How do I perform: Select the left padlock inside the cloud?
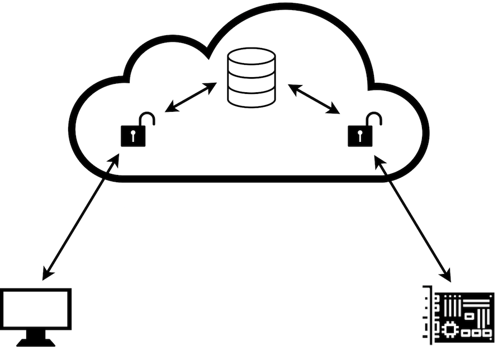tap(134, 135)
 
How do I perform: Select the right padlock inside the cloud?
tap(361, 135)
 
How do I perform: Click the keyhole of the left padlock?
tap(133, 136)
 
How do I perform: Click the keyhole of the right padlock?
tap(360, 136)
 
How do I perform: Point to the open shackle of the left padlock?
tap(147, 119)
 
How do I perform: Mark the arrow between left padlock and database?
tap(191, 97)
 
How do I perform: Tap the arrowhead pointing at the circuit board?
tap(447, 276)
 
